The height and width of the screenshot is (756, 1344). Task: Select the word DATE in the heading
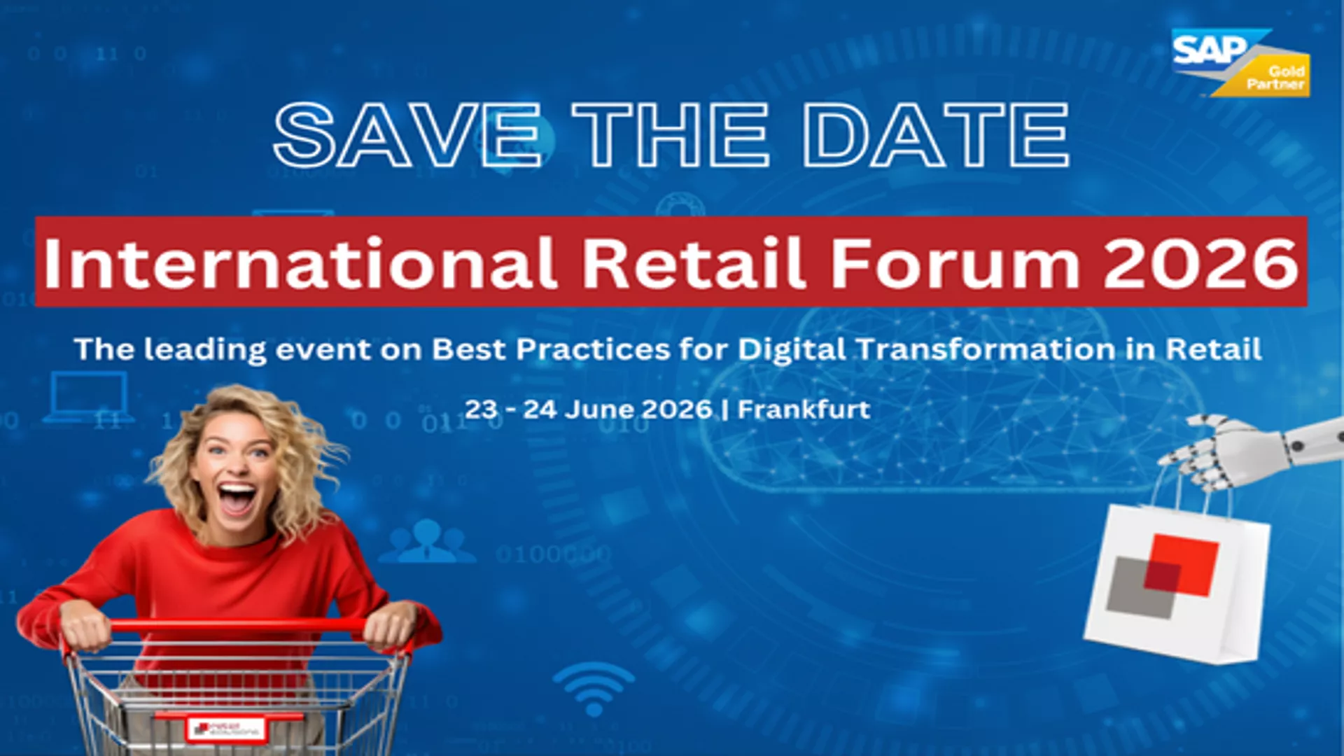coord(935,134)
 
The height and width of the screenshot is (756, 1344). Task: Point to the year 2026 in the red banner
coord(1200,263)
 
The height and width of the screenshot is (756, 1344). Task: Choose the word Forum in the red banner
coord(955,263)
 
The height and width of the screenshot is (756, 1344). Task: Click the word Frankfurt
coord(804,409)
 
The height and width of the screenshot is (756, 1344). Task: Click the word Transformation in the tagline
coord(986,349)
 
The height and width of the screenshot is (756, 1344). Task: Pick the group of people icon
coord(427,542)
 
